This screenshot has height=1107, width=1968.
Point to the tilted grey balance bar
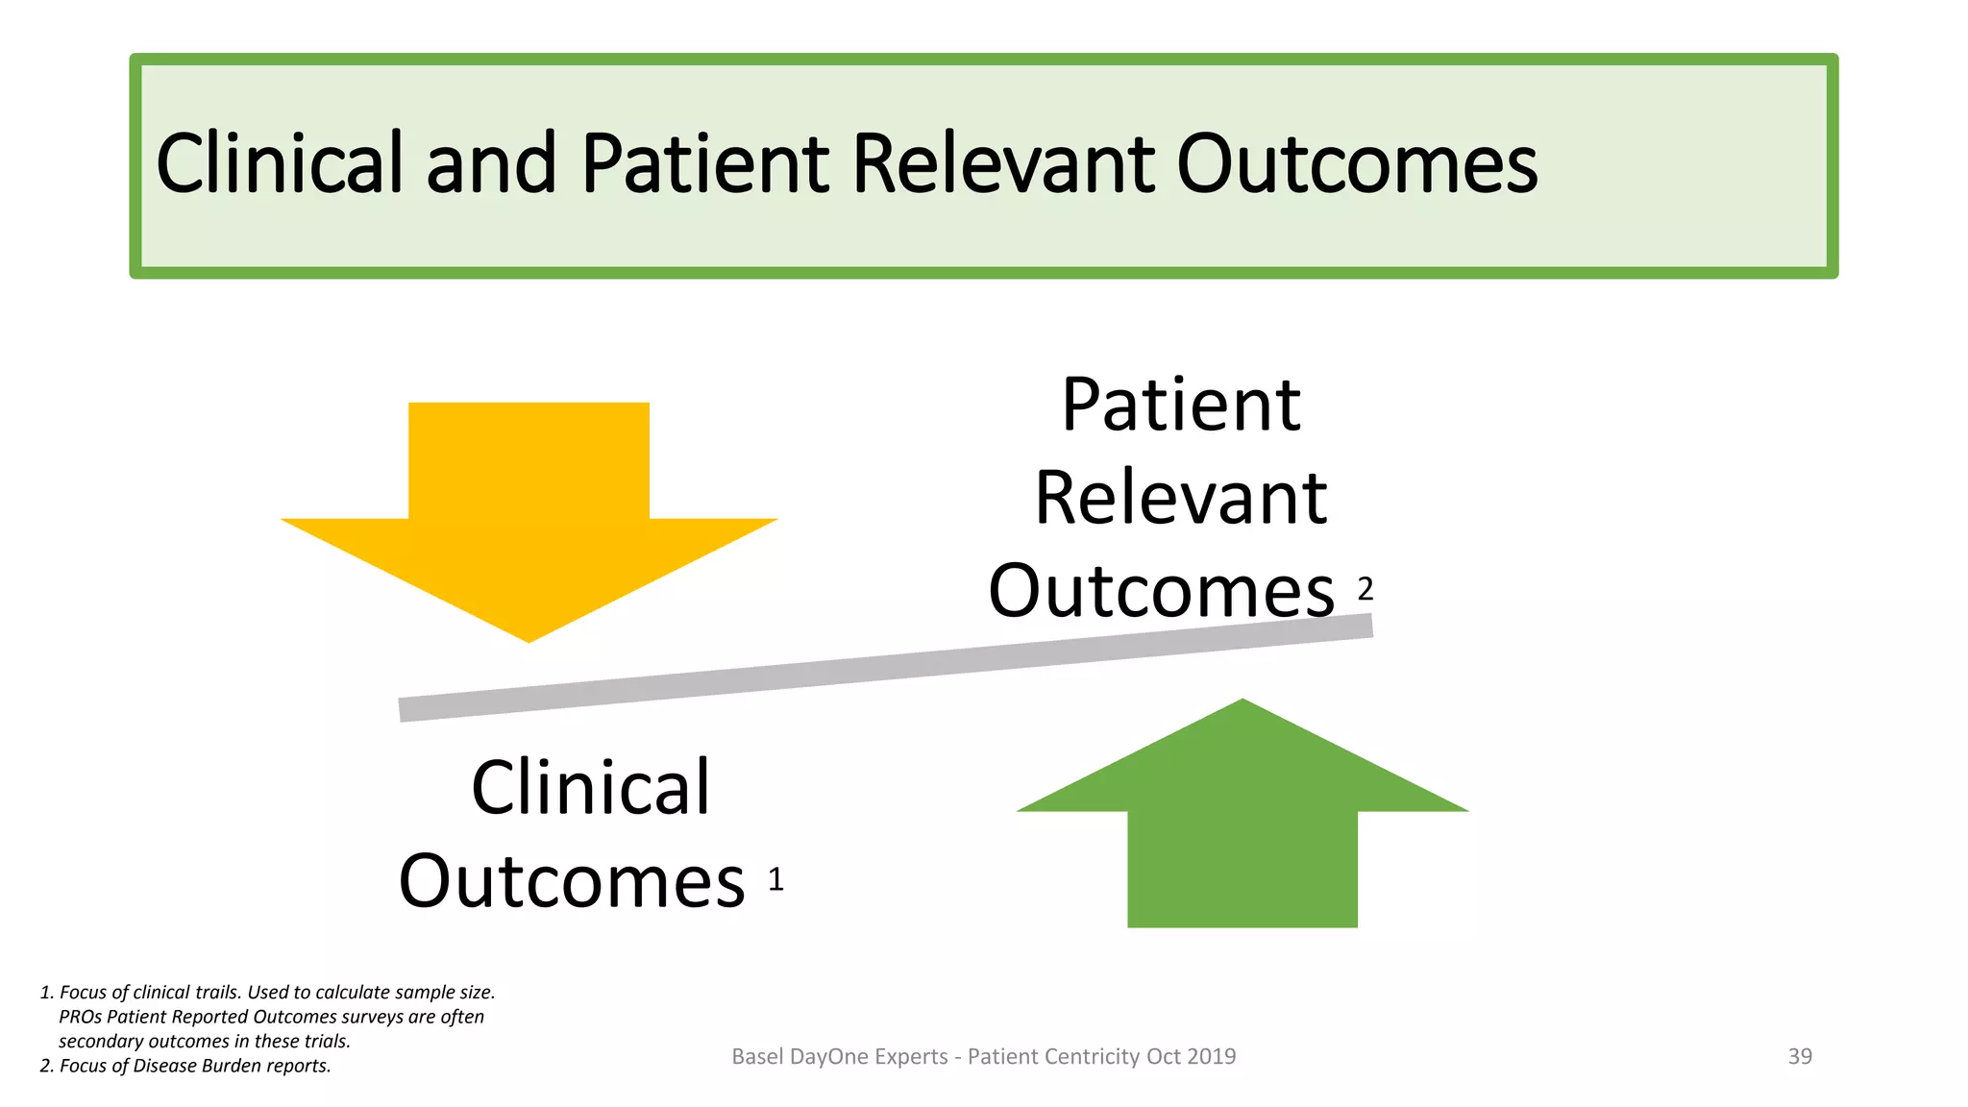coord(884,668)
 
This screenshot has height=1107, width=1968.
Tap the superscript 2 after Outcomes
coord(1365,588)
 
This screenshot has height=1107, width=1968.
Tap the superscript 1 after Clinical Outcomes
coord(776,879)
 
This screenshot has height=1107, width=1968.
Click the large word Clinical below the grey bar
coord(590,788)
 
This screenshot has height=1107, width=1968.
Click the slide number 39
coord(1800,1056)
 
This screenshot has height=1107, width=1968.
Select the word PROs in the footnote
coord(81,1017)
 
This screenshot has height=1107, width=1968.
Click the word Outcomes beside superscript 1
coord(572,881)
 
